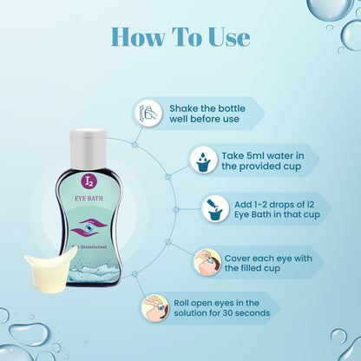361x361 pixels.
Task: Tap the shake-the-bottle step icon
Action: pyautogui.click(x=148, y=113)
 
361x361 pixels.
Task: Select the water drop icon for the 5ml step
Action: pyautogui.click(x=202, y=160)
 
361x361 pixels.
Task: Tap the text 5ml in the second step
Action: pyautogui.click(x=236, y=154)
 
